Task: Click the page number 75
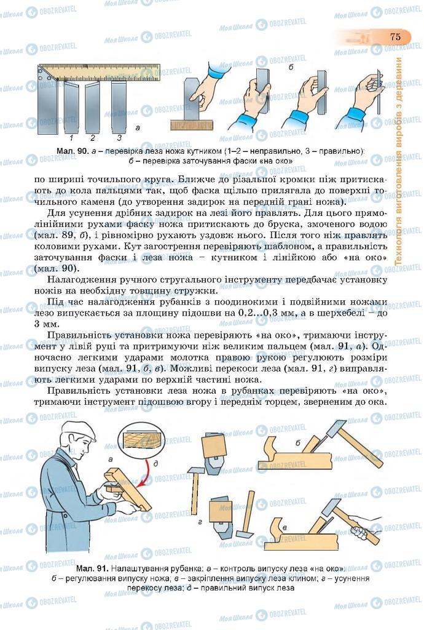pos(395,37)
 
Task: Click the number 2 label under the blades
pos(93,137)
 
